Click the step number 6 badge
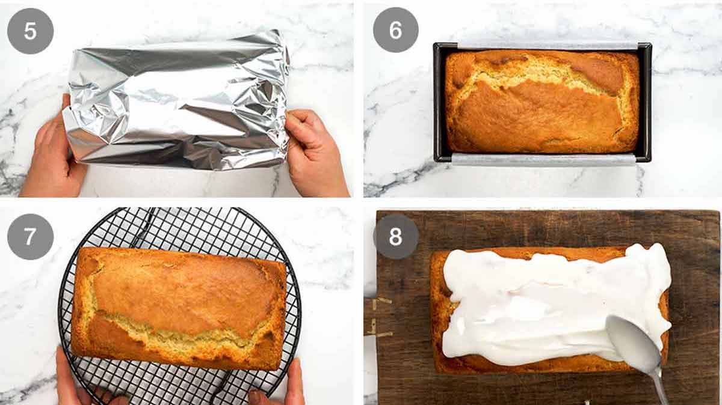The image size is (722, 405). pyautogui.click(x=395, y=30)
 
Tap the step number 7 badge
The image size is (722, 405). pyautogui.click(x=30, y=237)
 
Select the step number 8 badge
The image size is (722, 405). pyautogui.click(x=395, y=237)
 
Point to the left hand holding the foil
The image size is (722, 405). pyautogui.click(x=51, y=156)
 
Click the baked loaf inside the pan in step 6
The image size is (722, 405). pyautogui.click(x=541, y=102)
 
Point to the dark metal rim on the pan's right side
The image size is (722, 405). pyautogui.click(x=645, y=102)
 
